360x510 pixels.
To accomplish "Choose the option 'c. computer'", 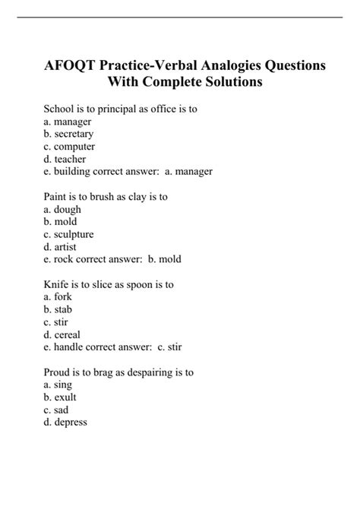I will [x=69, y=147].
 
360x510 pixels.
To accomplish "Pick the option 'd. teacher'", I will [x=65, y=160].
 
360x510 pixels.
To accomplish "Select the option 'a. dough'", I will [x=62, y=209].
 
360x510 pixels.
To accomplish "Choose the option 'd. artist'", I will [x=60, y=247].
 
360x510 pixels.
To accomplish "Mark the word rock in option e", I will [x=64, y=259].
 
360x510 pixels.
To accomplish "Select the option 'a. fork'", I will [x=58, y=297].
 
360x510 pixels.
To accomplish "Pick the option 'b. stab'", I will [x=58, y=309].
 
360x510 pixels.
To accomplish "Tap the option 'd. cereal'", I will [x=62, y=334].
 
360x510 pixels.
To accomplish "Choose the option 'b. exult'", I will [x=60, y=398].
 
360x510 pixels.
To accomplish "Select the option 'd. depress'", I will [x=65, y=423].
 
